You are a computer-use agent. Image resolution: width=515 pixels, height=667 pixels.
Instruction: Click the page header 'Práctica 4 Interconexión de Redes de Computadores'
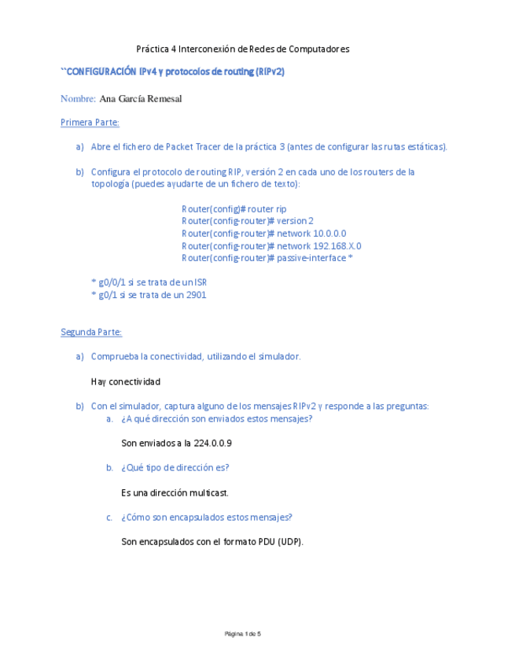click(x=242, y=49)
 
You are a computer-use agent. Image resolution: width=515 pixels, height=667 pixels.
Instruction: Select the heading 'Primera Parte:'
click(x=90, y=123)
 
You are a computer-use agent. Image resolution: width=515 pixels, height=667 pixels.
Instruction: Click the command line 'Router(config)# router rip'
click(x=234, y=209)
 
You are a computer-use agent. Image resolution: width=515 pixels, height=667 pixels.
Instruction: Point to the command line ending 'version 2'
click(x=248, y=221)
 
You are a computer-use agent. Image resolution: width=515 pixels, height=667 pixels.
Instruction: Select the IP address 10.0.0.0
click(x=329, y=234)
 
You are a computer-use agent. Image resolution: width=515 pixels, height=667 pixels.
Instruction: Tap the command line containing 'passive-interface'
click(x=267, y=258)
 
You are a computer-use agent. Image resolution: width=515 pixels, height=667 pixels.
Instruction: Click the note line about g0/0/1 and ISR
click(x=149, y=282)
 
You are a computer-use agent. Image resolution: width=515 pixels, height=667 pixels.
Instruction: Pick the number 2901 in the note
click(x=197, y=295)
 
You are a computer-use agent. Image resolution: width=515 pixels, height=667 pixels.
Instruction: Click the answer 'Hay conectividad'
click(x=126, y=381)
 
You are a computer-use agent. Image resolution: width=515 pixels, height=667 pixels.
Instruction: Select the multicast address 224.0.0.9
click(x=213, y=443)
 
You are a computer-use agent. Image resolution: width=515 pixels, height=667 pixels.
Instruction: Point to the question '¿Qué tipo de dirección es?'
click(x=175, y=468)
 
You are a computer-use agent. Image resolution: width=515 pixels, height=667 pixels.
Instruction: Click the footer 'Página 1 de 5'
click(x=242, y=634)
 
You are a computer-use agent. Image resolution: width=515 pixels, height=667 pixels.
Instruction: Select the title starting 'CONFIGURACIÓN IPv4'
click(x=174, y=72)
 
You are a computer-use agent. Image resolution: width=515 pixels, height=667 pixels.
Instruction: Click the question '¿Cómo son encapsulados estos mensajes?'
click(x=207, y=518)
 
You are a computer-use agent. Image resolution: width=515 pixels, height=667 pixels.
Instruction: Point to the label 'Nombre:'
click(x=78, y=99)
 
